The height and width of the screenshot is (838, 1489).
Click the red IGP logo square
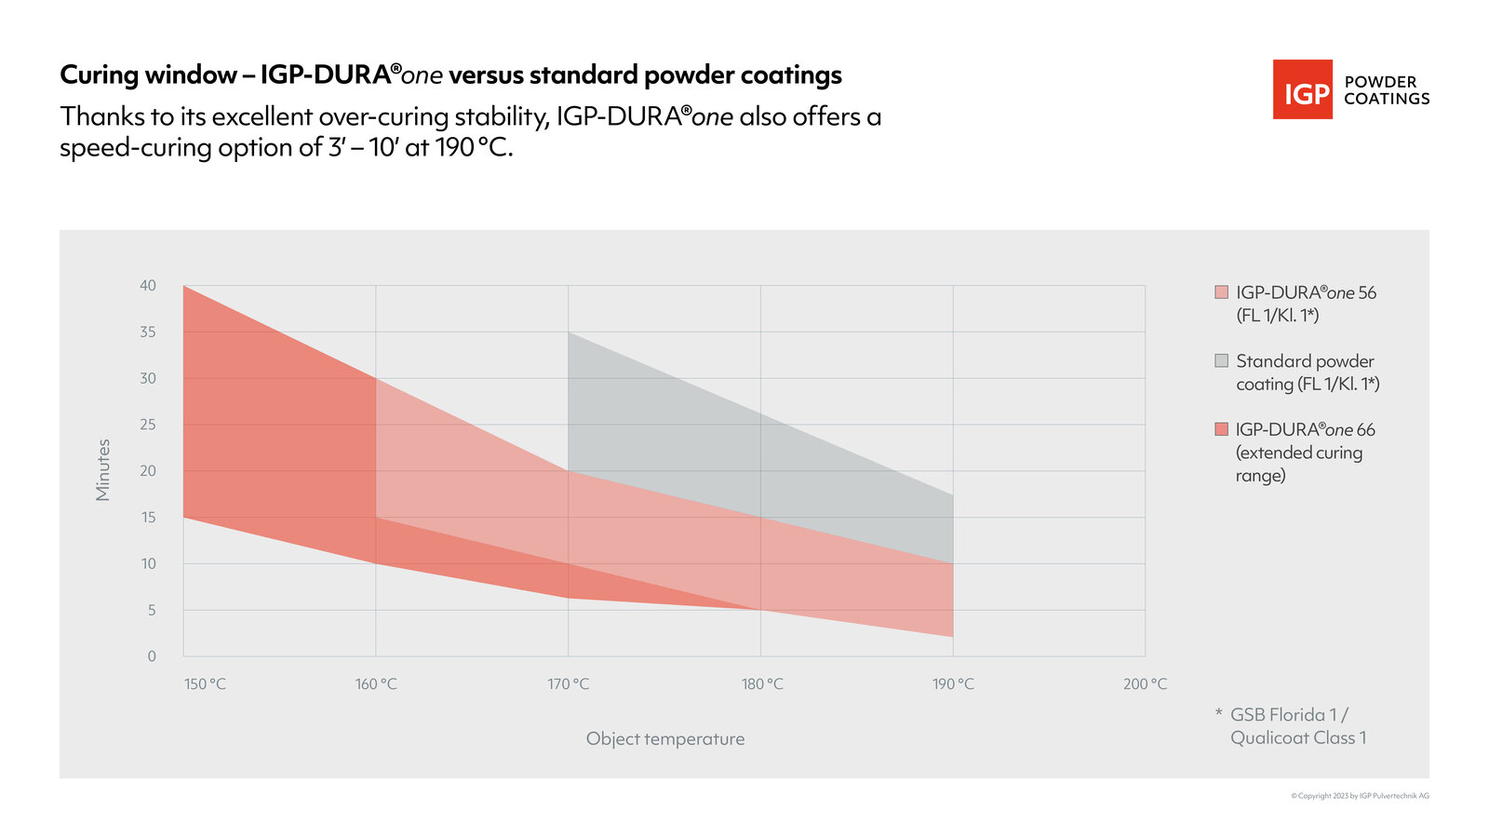1302,89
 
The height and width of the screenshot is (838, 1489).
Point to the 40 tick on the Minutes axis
148,286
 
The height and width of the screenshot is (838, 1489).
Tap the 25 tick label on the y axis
148,425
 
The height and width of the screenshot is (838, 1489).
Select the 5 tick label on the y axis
150,610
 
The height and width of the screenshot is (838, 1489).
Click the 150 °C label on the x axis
205,684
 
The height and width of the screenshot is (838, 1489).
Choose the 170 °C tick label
568,684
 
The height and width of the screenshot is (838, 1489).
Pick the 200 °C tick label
1145,684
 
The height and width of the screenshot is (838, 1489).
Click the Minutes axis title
103,470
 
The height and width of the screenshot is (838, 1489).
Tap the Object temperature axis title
664,738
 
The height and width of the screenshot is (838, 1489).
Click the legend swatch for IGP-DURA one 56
1221,292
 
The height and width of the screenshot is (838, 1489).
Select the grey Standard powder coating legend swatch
1221,360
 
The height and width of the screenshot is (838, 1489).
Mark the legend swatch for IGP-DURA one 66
1221,429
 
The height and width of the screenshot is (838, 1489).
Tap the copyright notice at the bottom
1359,796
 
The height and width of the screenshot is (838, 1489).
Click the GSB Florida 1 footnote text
1289,715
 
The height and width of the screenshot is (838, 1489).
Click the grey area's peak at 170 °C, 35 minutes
569,332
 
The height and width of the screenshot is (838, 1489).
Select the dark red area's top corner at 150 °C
184,287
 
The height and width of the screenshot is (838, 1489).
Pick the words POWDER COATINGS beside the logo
1386,90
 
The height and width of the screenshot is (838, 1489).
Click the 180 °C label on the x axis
761,684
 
